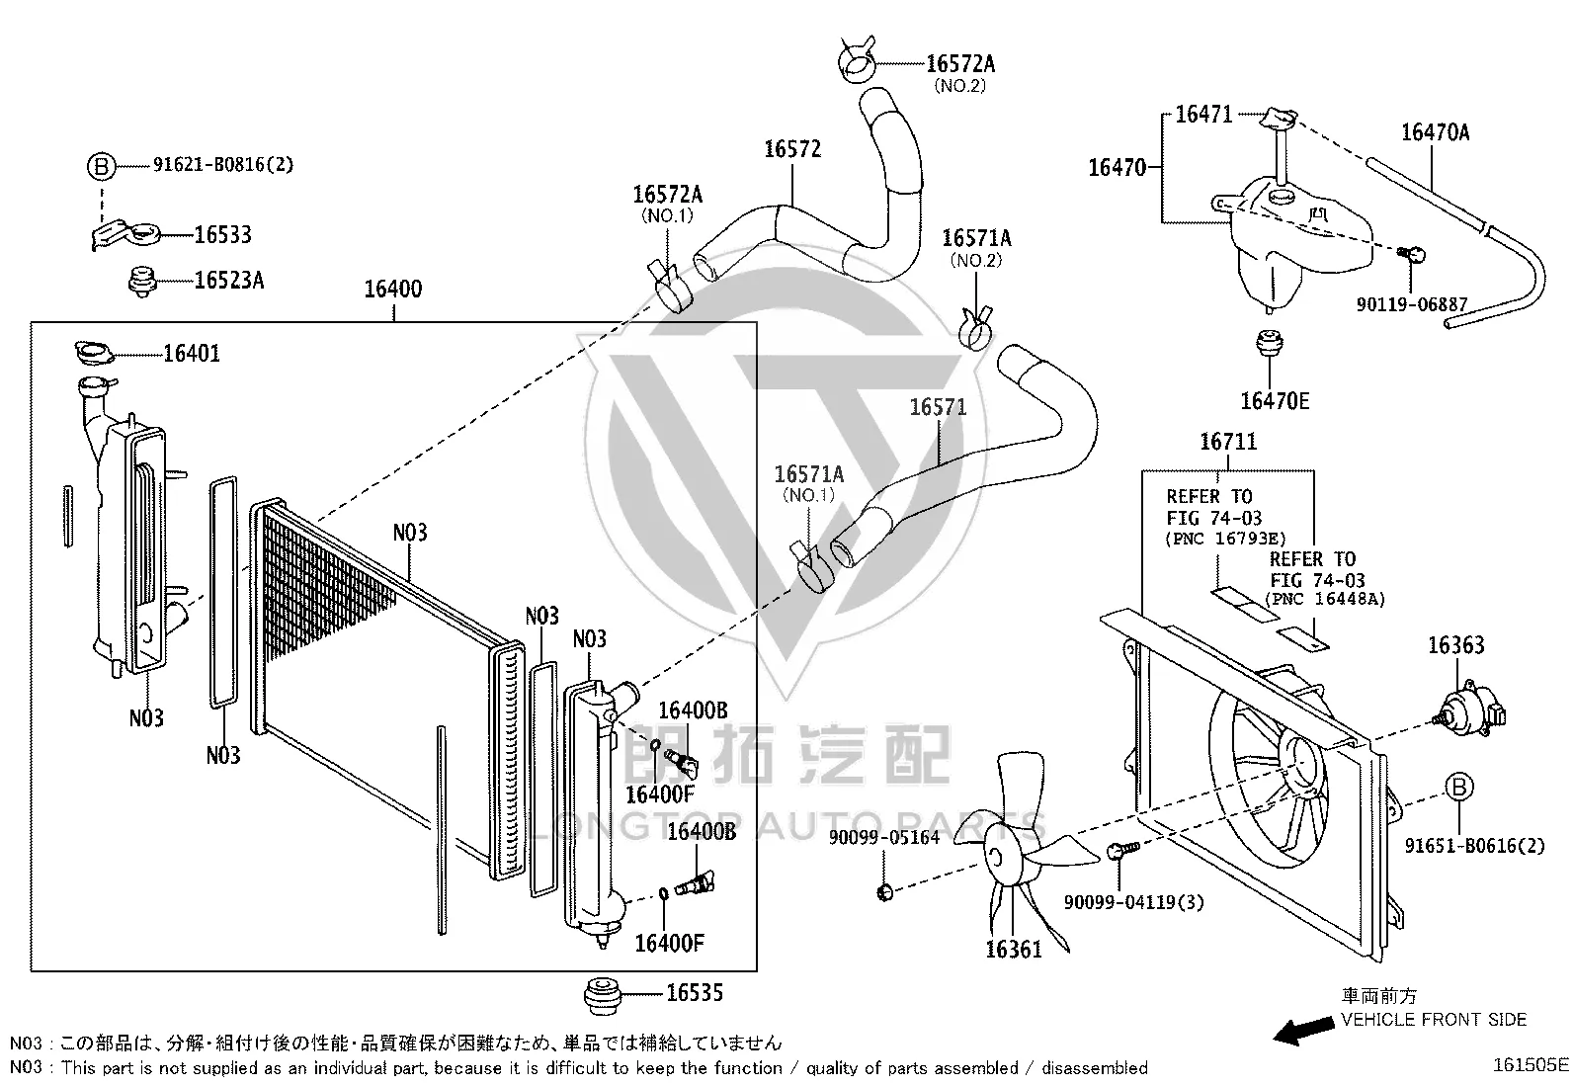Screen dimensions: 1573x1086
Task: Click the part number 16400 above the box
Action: tap(392, 289)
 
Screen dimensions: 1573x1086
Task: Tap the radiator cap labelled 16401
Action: tap(94, 352)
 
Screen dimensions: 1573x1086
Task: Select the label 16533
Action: tap(222, 234)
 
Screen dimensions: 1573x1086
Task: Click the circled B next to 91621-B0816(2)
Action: tap(101, 166)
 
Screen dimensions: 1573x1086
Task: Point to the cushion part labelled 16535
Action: tap(603, 995)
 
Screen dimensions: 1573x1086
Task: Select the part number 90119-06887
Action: tap(1412, 305)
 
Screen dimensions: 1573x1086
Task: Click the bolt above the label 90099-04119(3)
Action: tap(1122, 851)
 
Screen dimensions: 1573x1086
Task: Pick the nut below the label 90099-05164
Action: tap(885, 893)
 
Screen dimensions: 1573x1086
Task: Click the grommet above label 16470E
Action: tap(1269, 344)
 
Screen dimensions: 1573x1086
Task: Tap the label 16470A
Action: tap(1435, 132)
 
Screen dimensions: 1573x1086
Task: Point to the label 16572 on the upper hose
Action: tap(792, 149)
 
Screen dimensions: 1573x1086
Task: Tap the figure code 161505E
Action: tap(1531, 1065)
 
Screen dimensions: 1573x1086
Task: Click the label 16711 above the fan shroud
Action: tap(1228, 441)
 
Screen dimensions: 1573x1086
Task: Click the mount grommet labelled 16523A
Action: tap(142, 282)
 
